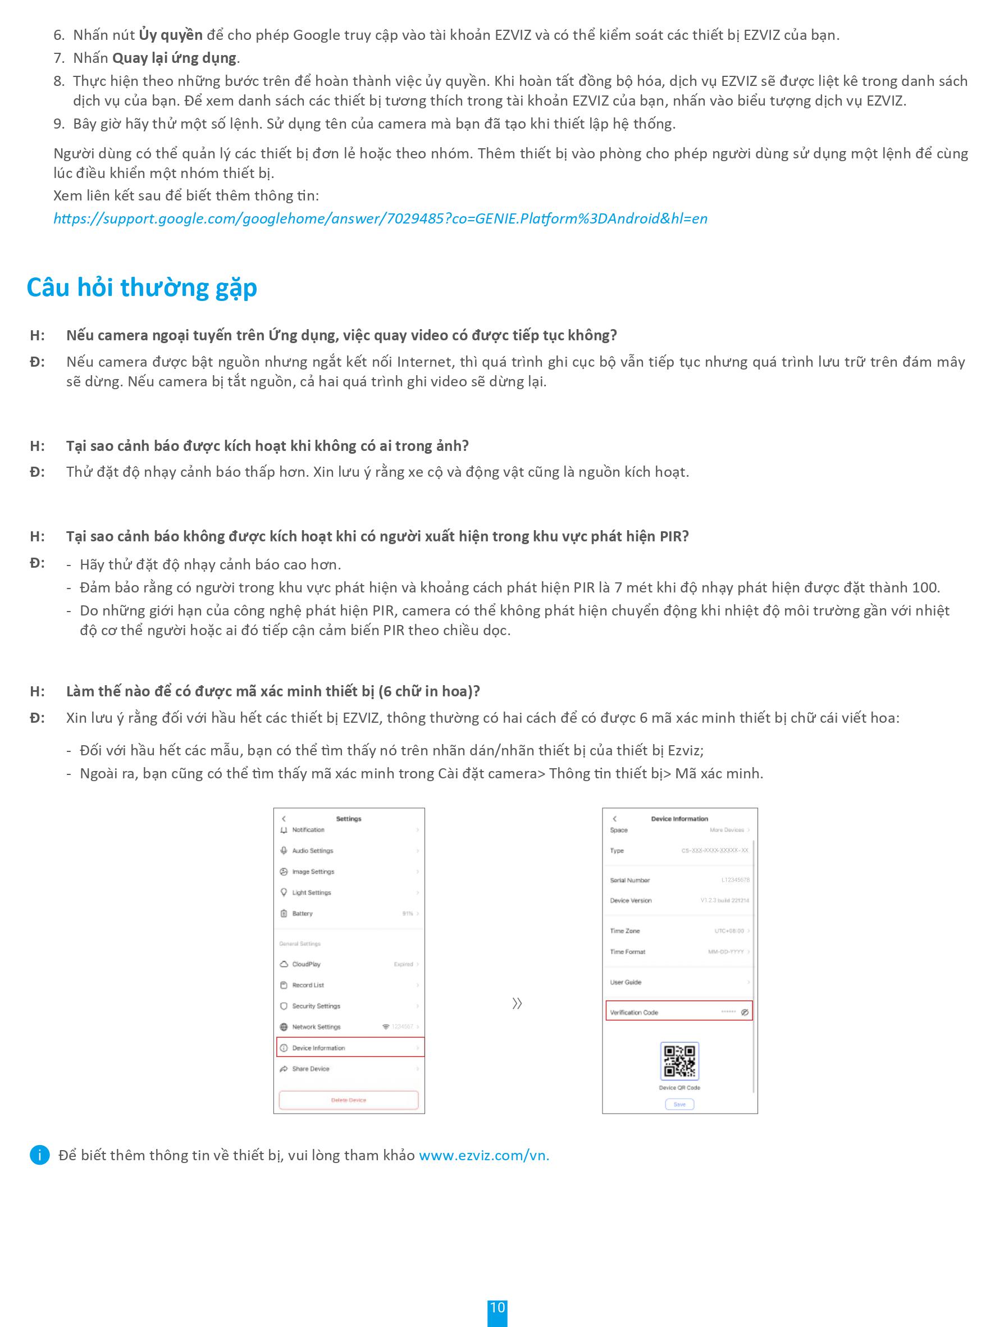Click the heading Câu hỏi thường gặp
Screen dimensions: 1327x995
point(142,288)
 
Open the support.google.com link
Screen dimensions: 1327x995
point(380,218)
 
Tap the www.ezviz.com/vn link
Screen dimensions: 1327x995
point(483,1155)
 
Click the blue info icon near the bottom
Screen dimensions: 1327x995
point(39,1155)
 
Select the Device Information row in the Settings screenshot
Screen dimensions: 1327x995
point(350,1047)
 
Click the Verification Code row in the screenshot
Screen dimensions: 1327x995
point(678,1012)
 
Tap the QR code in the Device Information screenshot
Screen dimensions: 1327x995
point(679,1061)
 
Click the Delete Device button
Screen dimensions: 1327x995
point(349,1100)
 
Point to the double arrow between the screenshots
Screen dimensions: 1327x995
point(517,1003)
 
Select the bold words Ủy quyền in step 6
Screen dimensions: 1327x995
point(170,35)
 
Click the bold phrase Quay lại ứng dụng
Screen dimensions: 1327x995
point(175,58)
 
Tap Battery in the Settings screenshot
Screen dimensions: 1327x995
point(302,913)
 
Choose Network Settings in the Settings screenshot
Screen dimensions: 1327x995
point(316,1027)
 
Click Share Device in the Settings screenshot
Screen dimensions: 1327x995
point(311,1069)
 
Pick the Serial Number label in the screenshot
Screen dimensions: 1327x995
point(630,880)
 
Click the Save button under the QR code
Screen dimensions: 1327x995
point(679,1104)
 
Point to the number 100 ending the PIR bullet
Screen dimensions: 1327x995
point(925,587)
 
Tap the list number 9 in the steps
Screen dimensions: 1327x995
point(58,124)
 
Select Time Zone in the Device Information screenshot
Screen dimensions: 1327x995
point(625,931)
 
